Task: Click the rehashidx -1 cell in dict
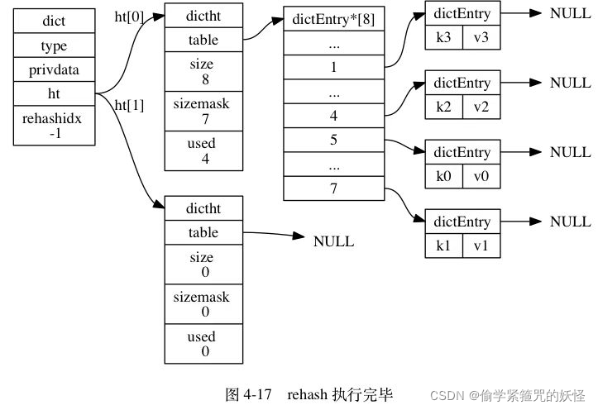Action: click(54, 126)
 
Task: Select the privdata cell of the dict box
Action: click(54, 71)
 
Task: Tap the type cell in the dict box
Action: click(54, 46)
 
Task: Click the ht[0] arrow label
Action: click(129, 16)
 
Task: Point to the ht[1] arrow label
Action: click(129, 105)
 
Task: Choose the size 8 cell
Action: click(203, 72)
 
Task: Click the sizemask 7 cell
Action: click(203, 112)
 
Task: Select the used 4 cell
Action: click(203, 151)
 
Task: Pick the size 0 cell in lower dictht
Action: click(203, 265)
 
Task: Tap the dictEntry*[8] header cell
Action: click(333, 20)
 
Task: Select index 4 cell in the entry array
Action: click(333, 117)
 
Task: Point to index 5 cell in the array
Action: click(333, 140)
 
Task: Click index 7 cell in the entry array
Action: click(333, 188)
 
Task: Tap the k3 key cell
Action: click(443, 37)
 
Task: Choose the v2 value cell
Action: click(481, 107)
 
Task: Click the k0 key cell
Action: click(443, 176)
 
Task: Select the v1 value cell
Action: click(481, 246)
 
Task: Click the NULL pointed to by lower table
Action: click(333, 241)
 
